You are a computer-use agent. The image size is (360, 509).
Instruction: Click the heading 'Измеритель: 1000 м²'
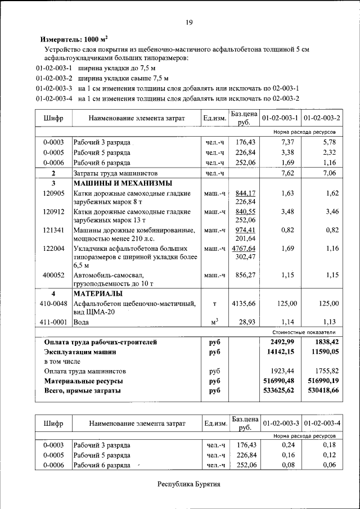click(74, 40)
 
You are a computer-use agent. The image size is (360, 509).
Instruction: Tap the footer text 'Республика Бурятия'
click(188, 484)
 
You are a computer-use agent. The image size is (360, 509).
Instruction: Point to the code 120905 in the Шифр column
click(53, 193)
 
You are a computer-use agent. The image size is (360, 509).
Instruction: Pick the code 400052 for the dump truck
click(53, 275)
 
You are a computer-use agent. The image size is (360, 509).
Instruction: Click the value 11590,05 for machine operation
click(319, 352)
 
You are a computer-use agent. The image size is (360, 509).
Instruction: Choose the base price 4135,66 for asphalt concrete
click(244, 304)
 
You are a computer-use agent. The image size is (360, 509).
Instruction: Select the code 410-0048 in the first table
click(53, 304)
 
